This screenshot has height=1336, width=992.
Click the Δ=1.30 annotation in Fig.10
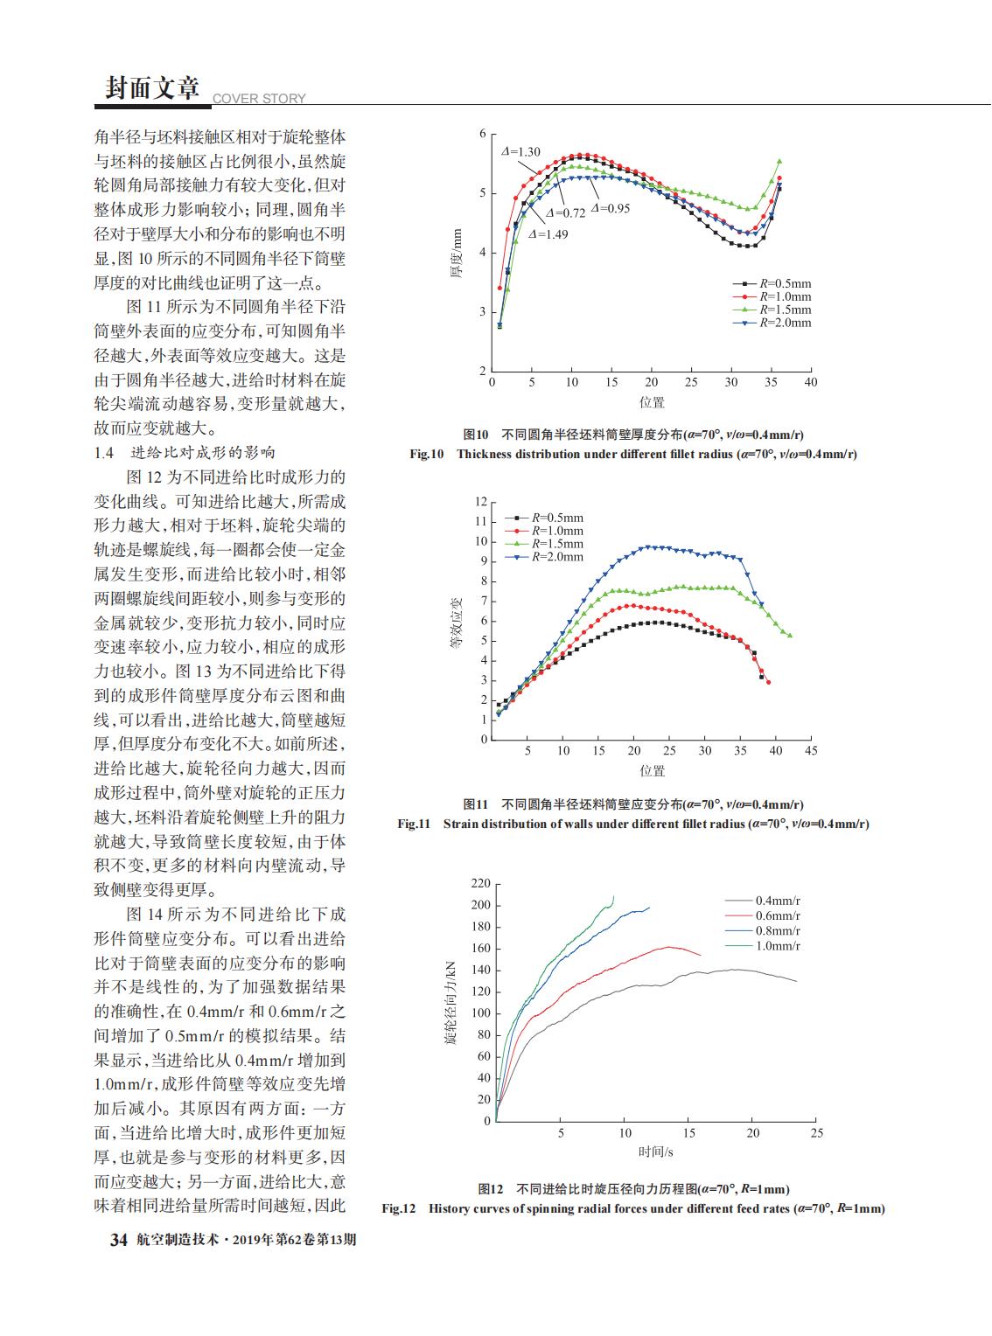pyautogui.click(x=520, y=152)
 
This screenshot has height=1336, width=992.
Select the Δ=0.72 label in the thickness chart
pyautogui.click(x=565, y=213)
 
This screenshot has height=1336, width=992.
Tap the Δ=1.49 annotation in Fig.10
pyautogui.click(x=548, y=234)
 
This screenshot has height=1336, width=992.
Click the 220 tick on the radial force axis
pyautogui.click(x=481, y=884)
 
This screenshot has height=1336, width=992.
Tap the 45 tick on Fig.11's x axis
pyautogui.click(x=811, y=750)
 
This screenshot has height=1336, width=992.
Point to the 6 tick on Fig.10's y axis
pyautogui.click(x=483, y=134)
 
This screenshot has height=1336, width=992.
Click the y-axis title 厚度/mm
pyautogui.click(x=457, y=253)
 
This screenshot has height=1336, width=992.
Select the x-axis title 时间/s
pyautogui.click(x=656, y=1152)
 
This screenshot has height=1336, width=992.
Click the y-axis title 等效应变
pyautogui.click(x=457, y=623)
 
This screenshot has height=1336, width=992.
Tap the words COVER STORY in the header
pyautogui.click(x=259, y=98)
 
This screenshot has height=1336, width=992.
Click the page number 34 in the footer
pyautogui.click(x=119, y=1239)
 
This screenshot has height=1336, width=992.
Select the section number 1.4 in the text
pyautogui.click(x=103, y=452)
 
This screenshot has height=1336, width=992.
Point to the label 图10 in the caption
pyautogui.click(x=476, y=435)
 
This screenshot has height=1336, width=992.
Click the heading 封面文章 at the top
pyautogui.click(x=152, y=88)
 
